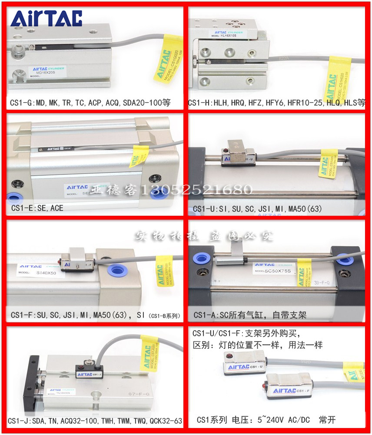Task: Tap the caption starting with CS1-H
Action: tap(276, 103)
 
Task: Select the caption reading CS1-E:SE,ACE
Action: tap(37, 208)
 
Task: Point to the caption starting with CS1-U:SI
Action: tap(257, 208)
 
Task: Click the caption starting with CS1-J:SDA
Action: tap(95, 421)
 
